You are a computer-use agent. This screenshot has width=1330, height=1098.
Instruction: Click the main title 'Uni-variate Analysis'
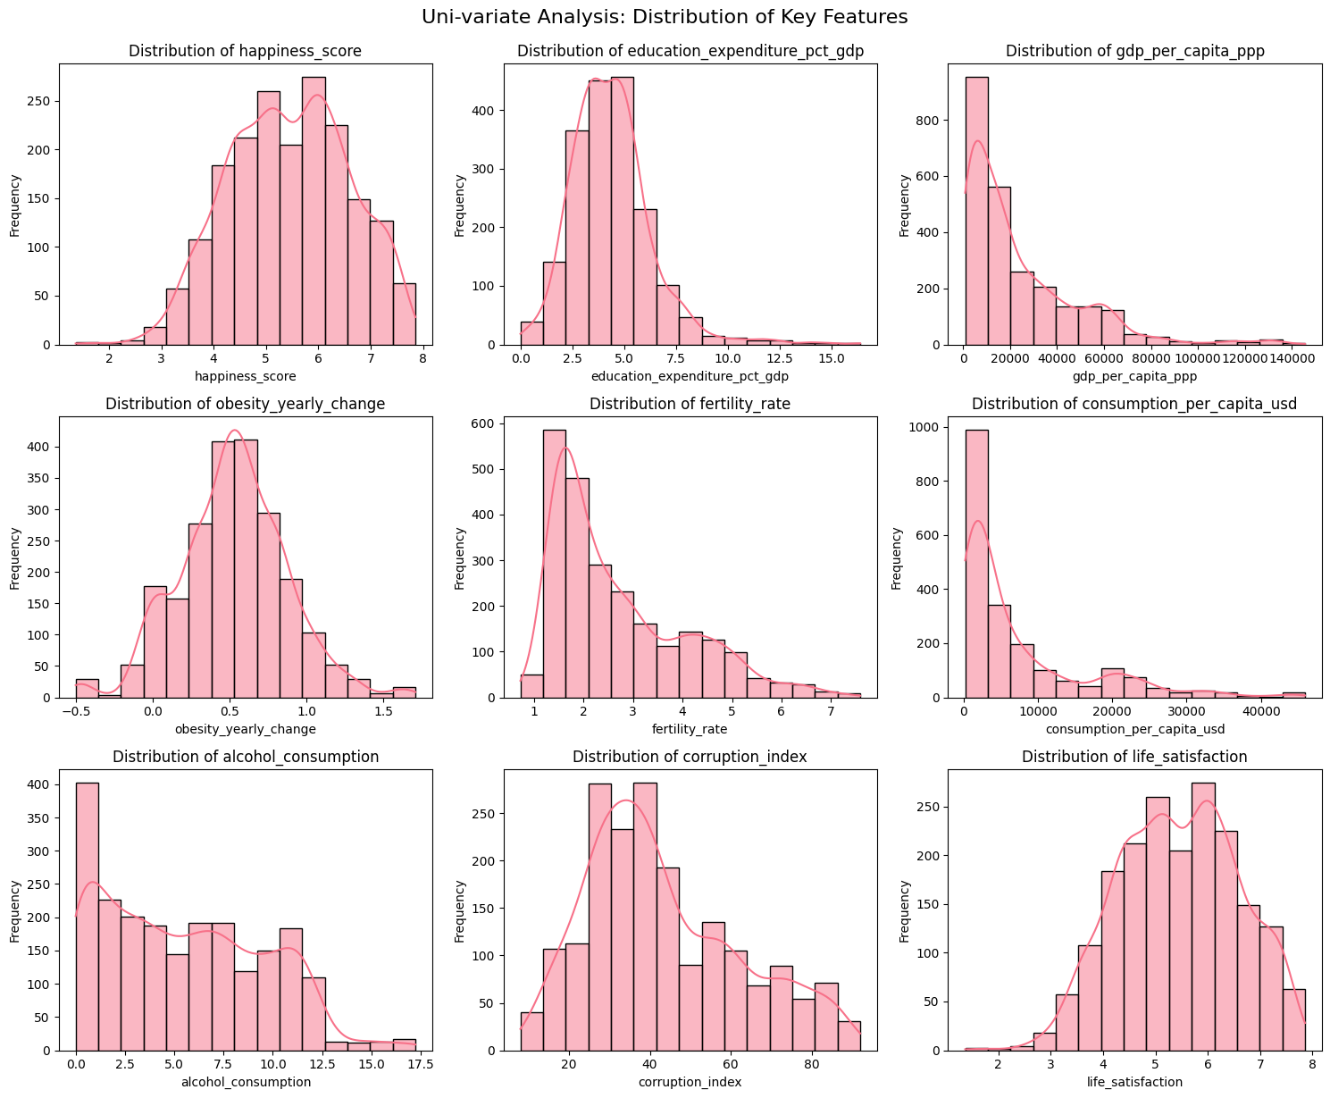[665, 17]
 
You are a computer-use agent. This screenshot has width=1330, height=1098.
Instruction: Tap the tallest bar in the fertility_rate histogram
[554, 564]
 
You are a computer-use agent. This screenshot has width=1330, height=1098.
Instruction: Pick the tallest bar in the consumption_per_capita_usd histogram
[976, 564]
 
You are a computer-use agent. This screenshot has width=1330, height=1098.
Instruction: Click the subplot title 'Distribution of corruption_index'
[690, 757]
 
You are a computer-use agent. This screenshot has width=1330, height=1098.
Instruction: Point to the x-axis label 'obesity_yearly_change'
[245, 729]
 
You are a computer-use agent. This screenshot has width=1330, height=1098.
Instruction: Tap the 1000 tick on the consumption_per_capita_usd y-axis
[940, 428]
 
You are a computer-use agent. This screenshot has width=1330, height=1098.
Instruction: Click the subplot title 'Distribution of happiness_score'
[245, 51]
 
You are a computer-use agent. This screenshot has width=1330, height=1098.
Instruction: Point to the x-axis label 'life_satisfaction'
[1133, 1082]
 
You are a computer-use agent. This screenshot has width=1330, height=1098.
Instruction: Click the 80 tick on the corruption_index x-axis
[811, 1064]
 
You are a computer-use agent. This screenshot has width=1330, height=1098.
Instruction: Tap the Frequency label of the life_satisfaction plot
[904, 911]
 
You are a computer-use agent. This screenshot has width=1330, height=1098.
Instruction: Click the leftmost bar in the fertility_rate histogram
[531, 686]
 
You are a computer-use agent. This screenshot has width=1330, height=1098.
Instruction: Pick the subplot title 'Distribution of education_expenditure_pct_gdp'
[690, 51]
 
